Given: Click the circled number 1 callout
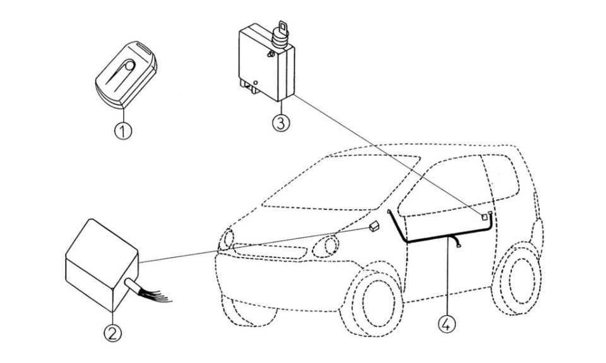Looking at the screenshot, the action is [x=123, y=131].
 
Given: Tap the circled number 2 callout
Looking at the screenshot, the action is [x=112, y=333].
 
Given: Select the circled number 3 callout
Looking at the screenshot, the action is [x=280, y=123].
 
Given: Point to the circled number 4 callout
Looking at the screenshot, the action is [x=446, y=324].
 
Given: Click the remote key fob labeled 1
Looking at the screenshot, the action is [x=126, y=74].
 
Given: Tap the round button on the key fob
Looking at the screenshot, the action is [x=129, y=65].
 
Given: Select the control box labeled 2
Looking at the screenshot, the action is [x=102, y=265].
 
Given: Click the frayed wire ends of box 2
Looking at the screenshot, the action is [x=157, y=294].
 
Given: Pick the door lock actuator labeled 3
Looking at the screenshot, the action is [x=266, y=62].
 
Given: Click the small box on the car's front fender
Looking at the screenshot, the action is [x=374, y=226].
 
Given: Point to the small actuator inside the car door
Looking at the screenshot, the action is [x=484, y=217].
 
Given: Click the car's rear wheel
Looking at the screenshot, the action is [x=518, y=277].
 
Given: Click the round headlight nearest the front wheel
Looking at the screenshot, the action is [x=327, y=245].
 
